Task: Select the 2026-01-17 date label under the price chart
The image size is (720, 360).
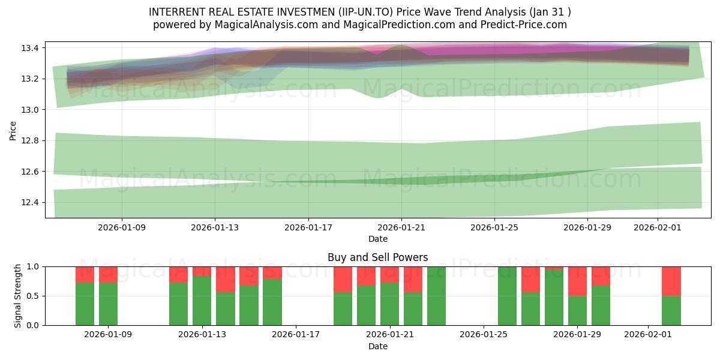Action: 308,227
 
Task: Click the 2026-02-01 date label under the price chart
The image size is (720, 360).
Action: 658,227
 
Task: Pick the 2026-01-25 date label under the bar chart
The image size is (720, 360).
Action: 484,335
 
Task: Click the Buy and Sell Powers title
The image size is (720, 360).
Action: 377,257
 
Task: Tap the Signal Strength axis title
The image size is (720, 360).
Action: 18,296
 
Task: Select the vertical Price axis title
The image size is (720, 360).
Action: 13,130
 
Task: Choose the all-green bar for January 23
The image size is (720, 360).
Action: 436,296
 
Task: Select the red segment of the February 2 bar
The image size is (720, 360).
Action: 671,281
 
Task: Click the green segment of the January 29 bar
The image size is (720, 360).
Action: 577,310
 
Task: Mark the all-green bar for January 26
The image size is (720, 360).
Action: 507,296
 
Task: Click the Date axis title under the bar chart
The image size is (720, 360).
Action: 377,346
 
